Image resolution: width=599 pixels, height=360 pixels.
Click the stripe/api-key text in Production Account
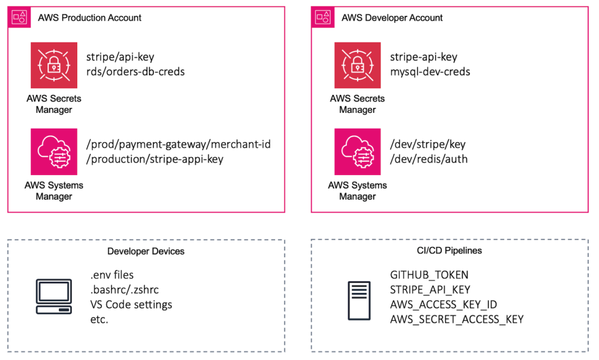(x=120, y=57)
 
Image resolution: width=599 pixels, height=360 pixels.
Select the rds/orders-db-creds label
(x=135, y=72)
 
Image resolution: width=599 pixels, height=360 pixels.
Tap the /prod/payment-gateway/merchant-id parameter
(x=178, y=144)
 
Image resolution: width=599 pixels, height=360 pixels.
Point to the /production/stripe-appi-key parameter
(x=154, y=159)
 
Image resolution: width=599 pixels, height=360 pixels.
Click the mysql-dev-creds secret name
(x=430, y=72)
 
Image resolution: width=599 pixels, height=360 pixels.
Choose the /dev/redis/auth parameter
(x=429, y=159)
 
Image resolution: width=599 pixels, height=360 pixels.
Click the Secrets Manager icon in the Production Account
(x=54, y=65)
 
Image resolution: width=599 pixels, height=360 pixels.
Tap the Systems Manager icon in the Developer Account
(x=357, y=152)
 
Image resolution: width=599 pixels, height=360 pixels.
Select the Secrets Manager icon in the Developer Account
(x=357, y=65)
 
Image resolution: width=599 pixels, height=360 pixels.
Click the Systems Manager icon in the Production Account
(x=54, y=152)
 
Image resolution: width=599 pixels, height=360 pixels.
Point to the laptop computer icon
(x=54, y=297)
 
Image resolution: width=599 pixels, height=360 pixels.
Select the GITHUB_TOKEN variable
(x=429, y=275)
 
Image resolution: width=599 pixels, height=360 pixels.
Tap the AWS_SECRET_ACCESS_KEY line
(x=456, y=319)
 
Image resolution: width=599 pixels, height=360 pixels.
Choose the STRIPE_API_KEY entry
(x=430, y=289)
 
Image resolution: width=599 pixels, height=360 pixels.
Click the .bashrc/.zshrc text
(x=124, y=290)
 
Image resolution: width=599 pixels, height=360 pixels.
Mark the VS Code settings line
(x=131, y=304)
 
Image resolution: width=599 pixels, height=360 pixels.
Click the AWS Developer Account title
(x=392, y=18)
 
